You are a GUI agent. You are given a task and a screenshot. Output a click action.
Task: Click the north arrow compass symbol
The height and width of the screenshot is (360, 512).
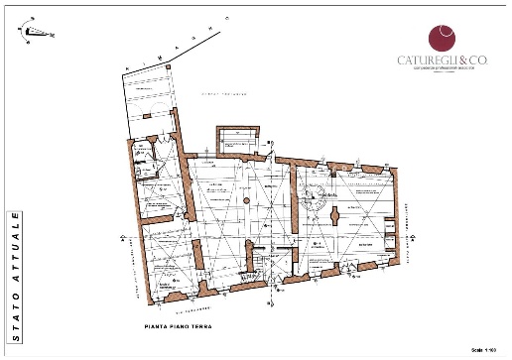(x=35, y=31)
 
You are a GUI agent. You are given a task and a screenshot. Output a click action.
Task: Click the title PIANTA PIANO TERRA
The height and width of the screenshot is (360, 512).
(x=178, y=326)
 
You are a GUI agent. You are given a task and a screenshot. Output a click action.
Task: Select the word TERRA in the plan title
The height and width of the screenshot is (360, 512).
(x=202, y=326)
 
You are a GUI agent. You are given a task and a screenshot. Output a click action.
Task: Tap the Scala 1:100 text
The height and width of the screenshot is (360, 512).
(x=484, y=350)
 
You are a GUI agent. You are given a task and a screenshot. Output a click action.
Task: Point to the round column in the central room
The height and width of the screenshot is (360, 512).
(x=245, y=201)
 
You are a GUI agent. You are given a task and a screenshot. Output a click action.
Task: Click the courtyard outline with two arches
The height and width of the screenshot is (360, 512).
(x=149, y=99)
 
